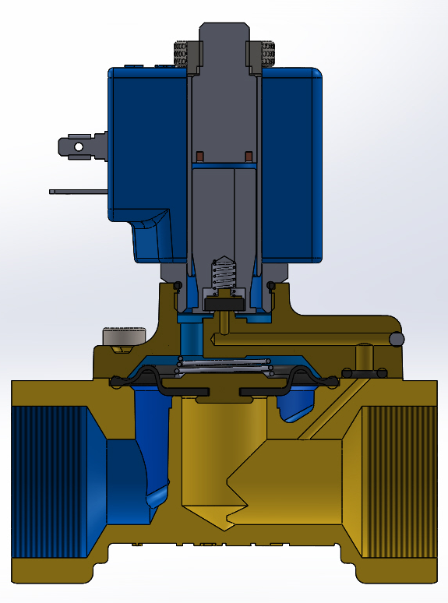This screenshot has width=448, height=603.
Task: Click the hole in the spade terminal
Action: point(77,146)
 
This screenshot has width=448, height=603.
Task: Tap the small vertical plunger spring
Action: point(224,273)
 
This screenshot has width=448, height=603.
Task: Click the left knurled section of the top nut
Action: point(182,54)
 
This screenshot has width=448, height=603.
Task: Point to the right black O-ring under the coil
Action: point(270,283)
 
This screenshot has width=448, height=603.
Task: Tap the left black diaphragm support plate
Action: point(187,390)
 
